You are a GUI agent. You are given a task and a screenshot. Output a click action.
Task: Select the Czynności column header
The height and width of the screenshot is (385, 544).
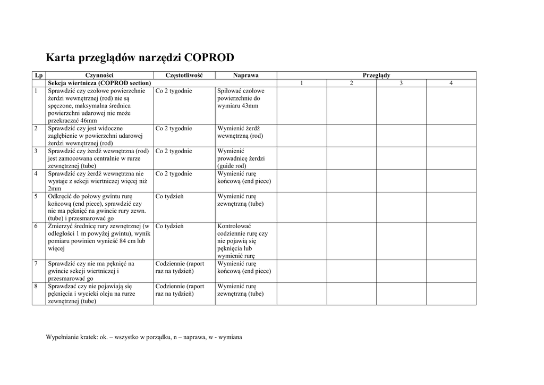coord(99,76)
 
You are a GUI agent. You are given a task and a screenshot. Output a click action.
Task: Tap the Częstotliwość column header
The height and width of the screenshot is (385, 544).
coord(184,76)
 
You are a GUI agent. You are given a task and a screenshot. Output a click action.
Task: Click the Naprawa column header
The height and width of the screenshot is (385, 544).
coord(245,76)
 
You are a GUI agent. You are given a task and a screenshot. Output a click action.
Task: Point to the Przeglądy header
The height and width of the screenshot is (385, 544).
coord(376,76)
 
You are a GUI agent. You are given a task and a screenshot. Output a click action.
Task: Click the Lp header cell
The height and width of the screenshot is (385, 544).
coord(39,76)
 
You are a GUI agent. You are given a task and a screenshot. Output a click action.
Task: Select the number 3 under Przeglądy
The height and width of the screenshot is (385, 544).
coord(401,83)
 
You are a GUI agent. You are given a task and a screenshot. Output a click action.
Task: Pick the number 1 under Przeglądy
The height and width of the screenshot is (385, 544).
coord(301,83)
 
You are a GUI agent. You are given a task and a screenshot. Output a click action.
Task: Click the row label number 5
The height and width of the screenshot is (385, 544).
coord(36,196)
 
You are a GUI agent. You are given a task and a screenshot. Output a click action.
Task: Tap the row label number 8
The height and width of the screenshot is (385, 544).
coord(36,286)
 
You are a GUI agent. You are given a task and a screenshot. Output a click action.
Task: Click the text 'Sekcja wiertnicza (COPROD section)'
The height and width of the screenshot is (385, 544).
coord(100,83)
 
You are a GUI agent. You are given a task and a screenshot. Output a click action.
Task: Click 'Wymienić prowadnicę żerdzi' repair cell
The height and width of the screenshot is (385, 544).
coord(241,158)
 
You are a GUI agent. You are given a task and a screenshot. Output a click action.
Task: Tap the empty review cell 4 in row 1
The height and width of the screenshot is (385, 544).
coord(451,105)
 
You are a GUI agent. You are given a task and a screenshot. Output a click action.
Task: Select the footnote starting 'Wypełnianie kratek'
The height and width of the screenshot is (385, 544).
coord(144,337)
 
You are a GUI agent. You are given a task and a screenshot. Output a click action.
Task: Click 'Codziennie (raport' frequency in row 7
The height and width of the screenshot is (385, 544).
coord(180,264)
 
